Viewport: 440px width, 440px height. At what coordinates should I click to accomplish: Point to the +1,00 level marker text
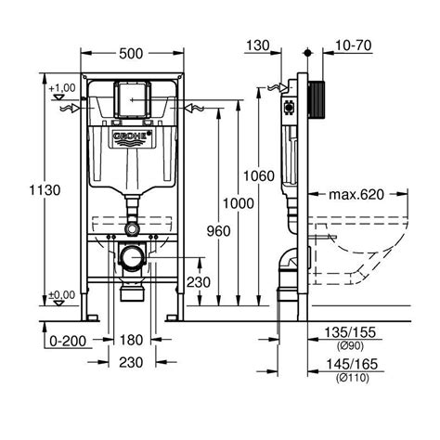coord(63,87)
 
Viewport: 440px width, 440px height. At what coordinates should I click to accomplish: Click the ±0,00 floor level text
coord(63,295)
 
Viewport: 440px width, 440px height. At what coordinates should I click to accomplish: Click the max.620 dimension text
coord(357,195)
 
